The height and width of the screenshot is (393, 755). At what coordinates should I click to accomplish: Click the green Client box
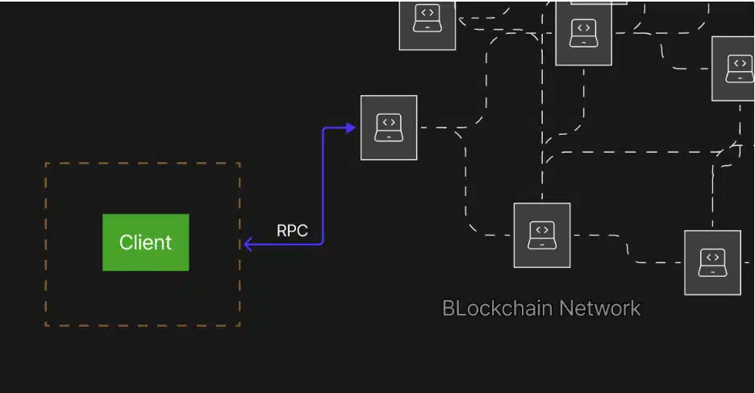coord(145,242)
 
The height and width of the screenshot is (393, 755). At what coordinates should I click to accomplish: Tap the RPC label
coord(292,231)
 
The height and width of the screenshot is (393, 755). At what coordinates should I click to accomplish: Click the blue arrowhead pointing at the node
coord(350,128)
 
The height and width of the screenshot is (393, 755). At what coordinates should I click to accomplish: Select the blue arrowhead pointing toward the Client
coord(249,244)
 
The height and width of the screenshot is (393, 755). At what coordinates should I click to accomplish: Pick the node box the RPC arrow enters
coord(389,128)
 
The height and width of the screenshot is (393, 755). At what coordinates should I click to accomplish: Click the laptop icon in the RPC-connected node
coord(389,127)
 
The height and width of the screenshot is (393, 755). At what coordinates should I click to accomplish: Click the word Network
coord(600,308)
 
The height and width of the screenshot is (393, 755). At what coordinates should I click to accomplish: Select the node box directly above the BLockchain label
coord(542,235)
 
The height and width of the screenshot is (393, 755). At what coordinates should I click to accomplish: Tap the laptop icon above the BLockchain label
coord(542,235)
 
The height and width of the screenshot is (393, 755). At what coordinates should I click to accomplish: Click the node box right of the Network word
coord(712,262)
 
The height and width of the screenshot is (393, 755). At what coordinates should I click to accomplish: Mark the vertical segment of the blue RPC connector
coord(323,186)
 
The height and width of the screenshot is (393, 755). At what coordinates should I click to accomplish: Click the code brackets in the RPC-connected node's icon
coord(389,123)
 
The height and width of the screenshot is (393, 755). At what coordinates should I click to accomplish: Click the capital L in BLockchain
coord(460,308)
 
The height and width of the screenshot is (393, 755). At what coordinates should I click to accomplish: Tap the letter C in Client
coord(126,242)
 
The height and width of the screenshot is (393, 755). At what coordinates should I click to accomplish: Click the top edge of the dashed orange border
coord(142,163)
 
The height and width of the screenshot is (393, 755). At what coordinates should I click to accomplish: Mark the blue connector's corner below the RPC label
coord(322,243)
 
